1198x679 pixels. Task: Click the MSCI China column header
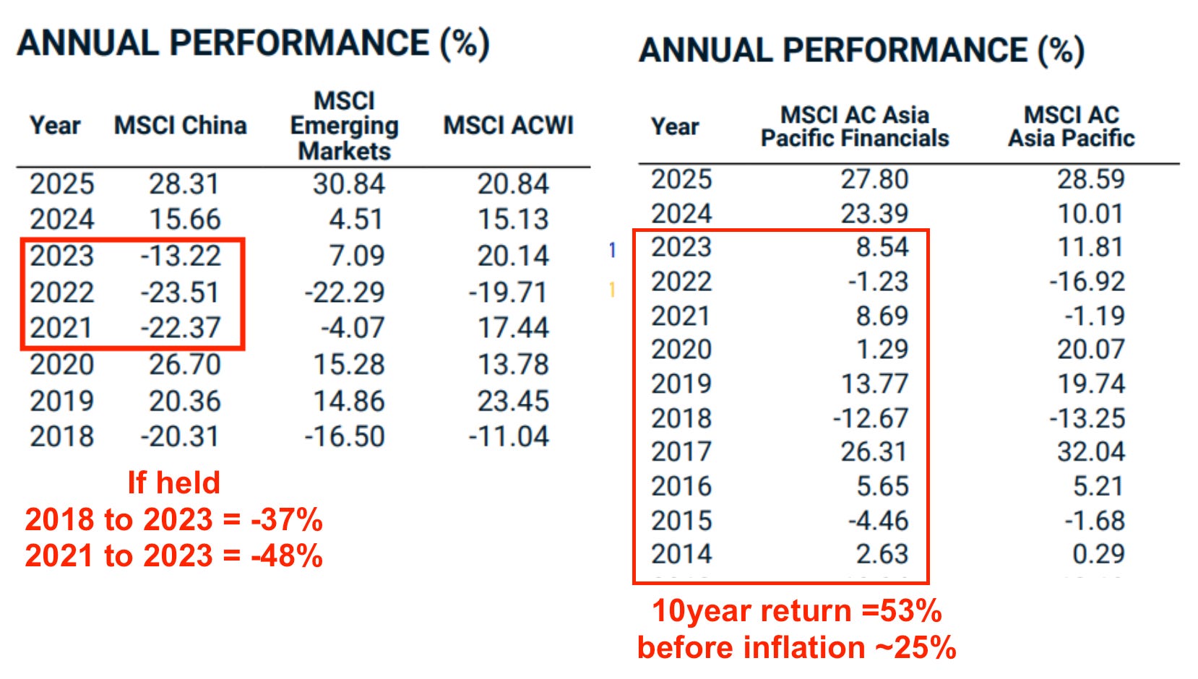[x=180, y=126]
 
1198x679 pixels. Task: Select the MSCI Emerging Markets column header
[x=345, y=126]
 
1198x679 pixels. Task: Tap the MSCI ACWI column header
[x=509, y=126]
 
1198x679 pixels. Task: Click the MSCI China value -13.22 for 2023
[x=181, y=256]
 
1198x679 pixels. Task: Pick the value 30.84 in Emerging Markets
[x=349, y=184]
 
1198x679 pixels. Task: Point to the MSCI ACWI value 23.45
[x=513, y=401]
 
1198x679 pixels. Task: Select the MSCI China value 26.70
[x=184, y=365]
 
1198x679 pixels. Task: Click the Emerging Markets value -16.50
[x=345, y=436]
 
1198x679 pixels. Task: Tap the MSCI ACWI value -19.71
[x=508, y=293]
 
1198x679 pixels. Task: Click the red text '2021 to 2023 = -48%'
[x=174, y=555]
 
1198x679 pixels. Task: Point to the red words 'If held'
[x=174, y=483]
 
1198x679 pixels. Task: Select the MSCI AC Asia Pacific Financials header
[x=855, y=126]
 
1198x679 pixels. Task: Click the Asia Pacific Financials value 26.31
[x=874, y=451]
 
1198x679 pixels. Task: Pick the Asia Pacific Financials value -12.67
[x=871, y=418]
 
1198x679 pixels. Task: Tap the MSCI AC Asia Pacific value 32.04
[x=1091, y=451]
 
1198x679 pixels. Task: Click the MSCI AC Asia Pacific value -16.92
[x=1087, y=282]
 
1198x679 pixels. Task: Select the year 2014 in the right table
[x=681, y=554]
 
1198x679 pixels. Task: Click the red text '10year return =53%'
[x=797, y=610]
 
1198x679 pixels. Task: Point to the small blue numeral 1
[x=613, y=250]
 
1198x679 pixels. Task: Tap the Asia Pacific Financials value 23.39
[x=874, y=214]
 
